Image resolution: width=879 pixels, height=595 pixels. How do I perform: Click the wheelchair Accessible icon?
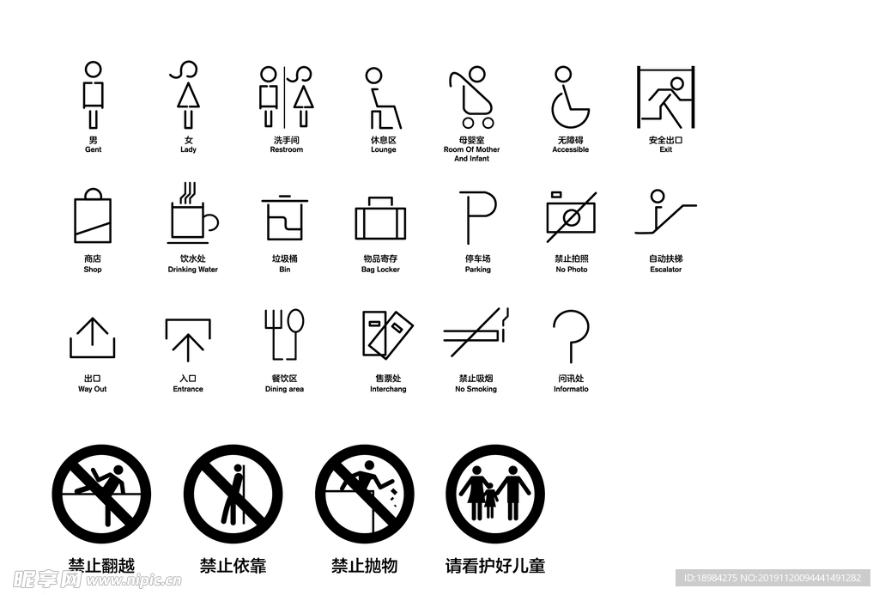point(569,98)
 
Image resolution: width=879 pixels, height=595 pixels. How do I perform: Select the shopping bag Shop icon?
point(93,216)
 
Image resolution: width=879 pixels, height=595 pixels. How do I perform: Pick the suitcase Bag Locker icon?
point(380,219)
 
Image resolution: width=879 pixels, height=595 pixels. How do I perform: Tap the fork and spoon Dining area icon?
point(284,334)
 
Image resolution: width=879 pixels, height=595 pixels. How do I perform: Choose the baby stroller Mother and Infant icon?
point(471,98)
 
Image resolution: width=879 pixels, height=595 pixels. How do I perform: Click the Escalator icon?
point(665,212)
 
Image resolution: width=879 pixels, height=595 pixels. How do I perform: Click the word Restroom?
point(286,150)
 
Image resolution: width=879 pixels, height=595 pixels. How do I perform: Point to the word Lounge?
point(384,150)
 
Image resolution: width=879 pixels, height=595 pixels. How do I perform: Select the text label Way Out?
point(93,390)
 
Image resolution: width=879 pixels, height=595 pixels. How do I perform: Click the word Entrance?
point(188,390)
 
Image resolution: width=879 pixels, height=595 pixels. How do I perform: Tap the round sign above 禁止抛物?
point(364,494)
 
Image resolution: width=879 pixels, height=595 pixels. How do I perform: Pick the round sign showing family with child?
point(495,494)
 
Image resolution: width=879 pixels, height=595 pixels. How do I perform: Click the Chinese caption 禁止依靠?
point(233,566)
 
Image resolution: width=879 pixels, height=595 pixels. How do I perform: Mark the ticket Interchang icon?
point(386,334)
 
